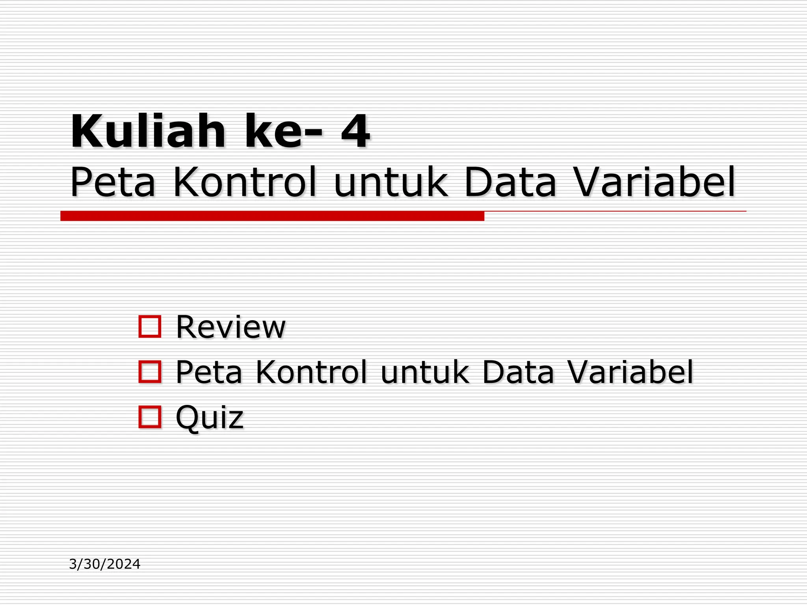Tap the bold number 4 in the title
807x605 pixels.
click(x=355, y=131)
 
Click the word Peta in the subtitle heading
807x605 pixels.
click(x=113, y=182)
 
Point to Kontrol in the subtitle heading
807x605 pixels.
click(x=245, y=182)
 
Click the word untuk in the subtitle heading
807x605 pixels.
click(x=391, y=182)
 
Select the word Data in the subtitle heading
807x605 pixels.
click(x=510, y=182)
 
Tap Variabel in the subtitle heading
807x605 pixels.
click(x=654, y=182)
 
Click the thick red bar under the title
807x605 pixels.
click(x=272, y=216)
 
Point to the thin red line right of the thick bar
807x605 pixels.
click(x=615, y=212)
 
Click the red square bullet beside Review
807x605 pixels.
click(x=150, y=327)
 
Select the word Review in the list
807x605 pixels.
click(x=231, y=327)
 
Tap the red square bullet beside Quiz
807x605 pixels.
click(x=150, y=417)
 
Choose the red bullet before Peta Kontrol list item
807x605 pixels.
click(x=150, y=371)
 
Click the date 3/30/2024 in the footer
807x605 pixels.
click(x=104, y=564)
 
